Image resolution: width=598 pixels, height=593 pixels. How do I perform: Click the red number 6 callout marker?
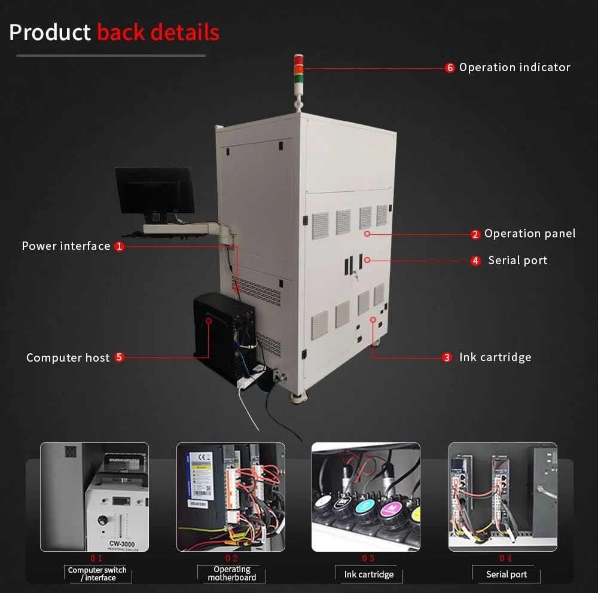pyautogui.click(x=450, y=68)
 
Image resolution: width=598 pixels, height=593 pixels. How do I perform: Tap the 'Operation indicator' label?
pyautogui.click(x=514, y=68)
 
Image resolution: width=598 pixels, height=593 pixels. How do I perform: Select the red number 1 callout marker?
pyautogui.click(x=120, y=246)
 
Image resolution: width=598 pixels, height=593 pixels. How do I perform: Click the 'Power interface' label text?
pyautogui.click(x=66, y=246)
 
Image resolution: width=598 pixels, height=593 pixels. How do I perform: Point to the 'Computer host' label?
pyautogui.click(x=68, y=357)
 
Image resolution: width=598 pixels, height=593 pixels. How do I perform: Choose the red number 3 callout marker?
pyautogui.click(x=447, y=357)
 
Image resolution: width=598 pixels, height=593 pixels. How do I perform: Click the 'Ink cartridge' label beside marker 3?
pyautogui.click(x=495, y=357)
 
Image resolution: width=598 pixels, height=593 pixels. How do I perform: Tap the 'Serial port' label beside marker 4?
pyautogui.click(x=517, y=260)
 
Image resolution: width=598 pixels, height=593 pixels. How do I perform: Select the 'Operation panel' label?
pyautogui.click(x=530, y=234)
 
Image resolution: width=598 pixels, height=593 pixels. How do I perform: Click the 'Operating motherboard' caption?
pyautogui.click(x=232, y=573)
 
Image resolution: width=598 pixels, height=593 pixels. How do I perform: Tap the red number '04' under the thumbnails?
pyautogui.click(x=506, y=558)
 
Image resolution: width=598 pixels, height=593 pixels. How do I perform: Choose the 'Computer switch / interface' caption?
pyautogui.click(x=97, y=574)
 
